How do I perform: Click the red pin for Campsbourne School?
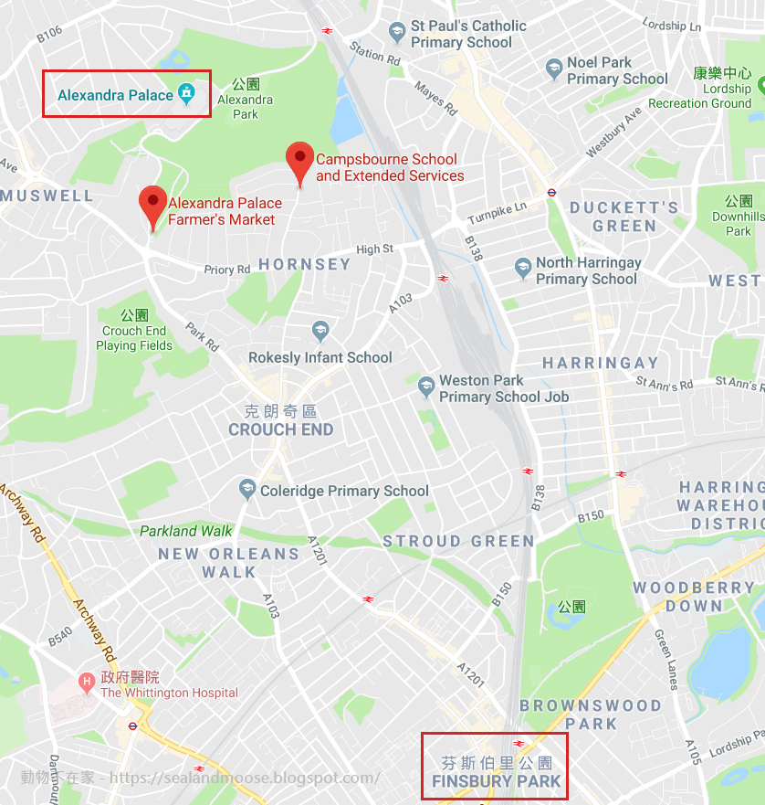[x=299, y=161]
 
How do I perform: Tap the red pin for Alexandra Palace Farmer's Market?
[x=152, y=205]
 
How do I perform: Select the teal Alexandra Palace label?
[x=115, y=95]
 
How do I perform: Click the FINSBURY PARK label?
[x=497, y=782]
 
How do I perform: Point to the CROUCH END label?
[x=280, y=429]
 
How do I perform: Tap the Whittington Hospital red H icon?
[x=87, y=680]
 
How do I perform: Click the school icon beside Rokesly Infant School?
[x=320, y=331]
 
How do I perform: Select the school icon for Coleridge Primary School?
[x=246, y=491]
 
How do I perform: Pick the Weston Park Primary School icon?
[x=425, y=387]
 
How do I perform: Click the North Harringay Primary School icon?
[x=522, y=270]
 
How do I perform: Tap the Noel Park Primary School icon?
[x=553, y=69]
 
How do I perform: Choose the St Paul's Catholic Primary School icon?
[x=396, y=33]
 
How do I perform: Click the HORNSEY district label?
[x=304, y=264]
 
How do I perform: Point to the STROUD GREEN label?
[x=458, y=541]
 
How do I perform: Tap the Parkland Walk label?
[x=186, y=531]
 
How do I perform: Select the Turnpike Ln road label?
[x=497, y=213]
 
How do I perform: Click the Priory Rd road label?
[x=226, y=270]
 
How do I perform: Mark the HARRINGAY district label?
[x=600, y=363]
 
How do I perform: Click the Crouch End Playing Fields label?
[x=134, y=338]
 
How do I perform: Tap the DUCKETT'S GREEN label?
[x=624, y=217]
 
